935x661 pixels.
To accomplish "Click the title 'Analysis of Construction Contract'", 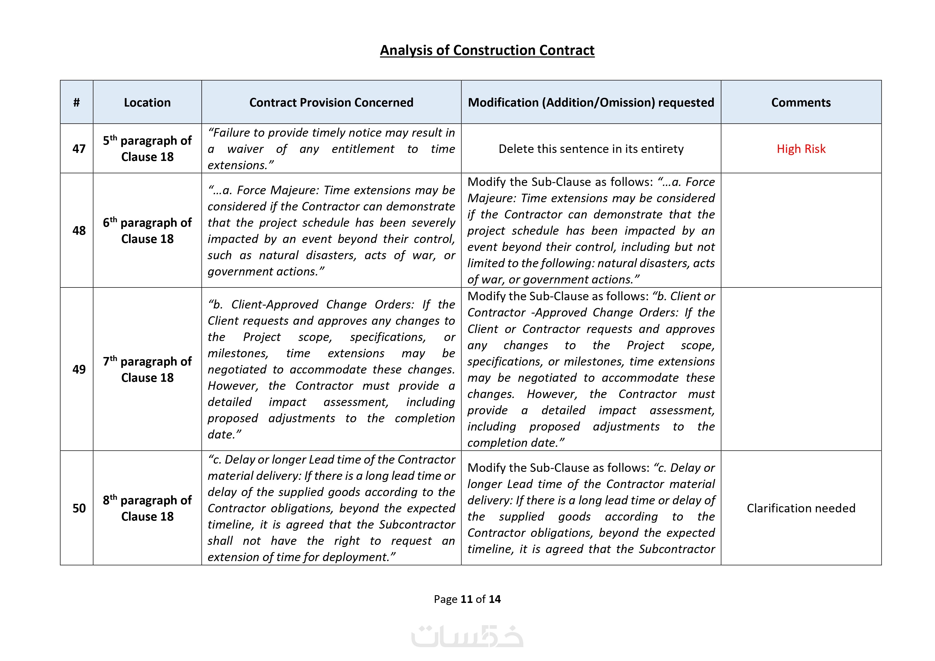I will tap(487, 50).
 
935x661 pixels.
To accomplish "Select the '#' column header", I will tap(76, 102).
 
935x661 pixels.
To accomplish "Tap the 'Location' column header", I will tap(147, 102).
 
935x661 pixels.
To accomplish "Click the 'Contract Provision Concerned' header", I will tap(331, 102).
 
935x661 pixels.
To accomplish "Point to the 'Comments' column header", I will tap(801, 102).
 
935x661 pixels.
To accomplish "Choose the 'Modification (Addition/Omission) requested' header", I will tap(591, 102).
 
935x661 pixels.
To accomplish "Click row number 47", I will tap(79, 149).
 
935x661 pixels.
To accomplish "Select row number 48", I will tap(79, 230).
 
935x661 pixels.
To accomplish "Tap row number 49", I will tap(79, 369).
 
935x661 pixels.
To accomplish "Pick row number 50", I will tap(79, 508).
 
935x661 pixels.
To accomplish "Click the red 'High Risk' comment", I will tap(801, 149).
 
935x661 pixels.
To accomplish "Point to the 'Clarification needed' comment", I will tap(801, 508).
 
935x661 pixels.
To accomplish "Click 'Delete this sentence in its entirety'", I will tap(591, 149).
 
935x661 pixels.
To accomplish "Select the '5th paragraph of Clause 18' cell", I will tap(147, 149).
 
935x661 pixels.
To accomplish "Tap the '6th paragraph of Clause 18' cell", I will tap(147, 230).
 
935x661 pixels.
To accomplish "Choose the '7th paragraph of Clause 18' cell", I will tap(147, 369).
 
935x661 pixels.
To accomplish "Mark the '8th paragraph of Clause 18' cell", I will tap(147, 508).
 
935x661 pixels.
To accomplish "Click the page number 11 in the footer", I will tap(466, 599).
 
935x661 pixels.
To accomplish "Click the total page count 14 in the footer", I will tap(495, 599).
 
